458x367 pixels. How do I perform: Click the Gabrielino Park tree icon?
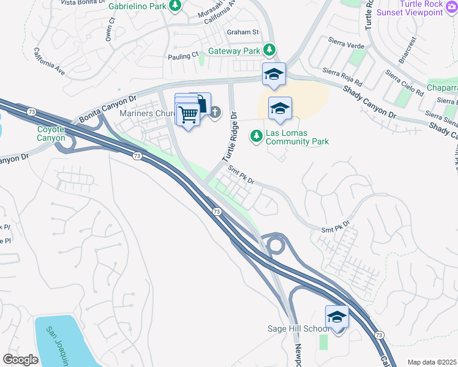pyautogui.click(x=176, y=6)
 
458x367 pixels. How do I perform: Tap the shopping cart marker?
pyautogui.click(x=188, y=114)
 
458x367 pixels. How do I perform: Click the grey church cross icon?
pyautogui.click(x=216, y=113)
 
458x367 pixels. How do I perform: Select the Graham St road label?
pyautogui.click(x=243, y=32)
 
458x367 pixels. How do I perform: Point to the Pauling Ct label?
pyautogui.click(x=183, y=56)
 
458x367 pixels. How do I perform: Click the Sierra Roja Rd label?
pyautogui.click(x=342, y=76)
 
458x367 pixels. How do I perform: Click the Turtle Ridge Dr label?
pyautogui.click(x=228, y=135)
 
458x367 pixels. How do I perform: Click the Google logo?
pyautogui.click(x=21, y=360)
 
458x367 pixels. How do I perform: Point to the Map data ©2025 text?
pyautogui.click(x=432, y=362)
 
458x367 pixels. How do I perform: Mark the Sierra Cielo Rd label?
pyautogui.click(x=404, y=84)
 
